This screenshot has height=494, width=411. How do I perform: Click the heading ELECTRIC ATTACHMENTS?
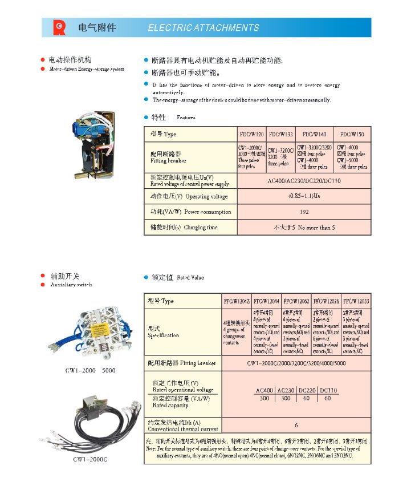pyautogui.click(x=203, y=27)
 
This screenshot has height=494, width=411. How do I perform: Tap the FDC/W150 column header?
pyautogui.click(x=352, y=135)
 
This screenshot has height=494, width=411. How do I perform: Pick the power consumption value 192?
pyautogui.click(x=304, y=212)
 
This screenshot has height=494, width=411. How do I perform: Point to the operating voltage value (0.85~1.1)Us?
pyautogui.click(x=304, y=196)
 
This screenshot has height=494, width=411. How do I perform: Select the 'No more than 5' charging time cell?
pyautogui.click(x=304, y=228)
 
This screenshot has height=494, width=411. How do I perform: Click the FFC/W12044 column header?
pyautogui.click(x=267, y=301)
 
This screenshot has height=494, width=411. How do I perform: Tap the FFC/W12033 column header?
pyautogui.click(x=356, y=301)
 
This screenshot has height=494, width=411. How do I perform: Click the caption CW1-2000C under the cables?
pyautogui.click(x=90, y=459)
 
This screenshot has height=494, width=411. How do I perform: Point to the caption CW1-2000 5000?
pyautogui.click(x=90, y=371)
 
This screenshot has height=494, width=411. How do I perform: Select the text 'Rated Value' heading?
pyautogui.click(x=190, y=278)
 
